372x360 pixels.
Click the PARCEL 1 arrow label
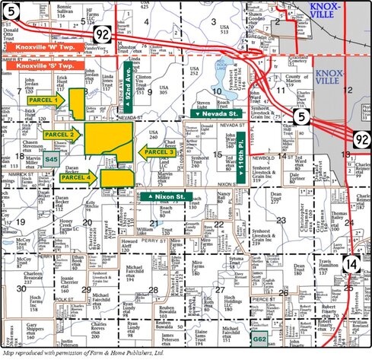tap(44, 100)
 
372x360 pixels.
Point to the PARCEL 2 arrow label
tap(62, 135)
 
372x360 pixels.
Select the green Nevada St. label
tap(216, 113)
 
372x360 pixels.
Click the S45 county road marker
tap(50, 158)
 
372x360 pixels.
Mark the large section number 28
tap(154, 290)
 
